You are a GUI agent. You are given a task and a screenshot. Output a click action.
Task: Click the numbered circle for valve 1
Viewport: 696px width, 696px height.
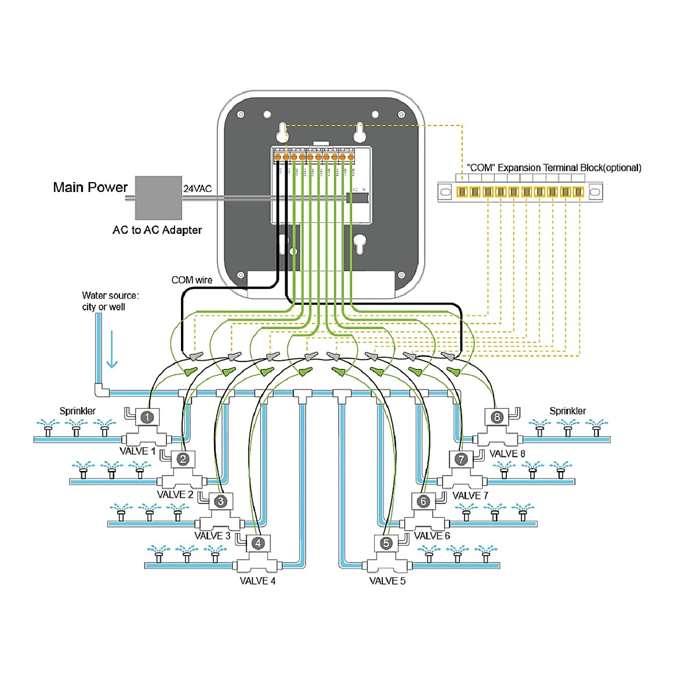click(147, 417)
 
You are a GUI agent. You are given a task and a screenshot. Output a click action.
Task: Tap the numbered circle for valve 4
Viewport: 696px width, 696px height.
click(258, 543)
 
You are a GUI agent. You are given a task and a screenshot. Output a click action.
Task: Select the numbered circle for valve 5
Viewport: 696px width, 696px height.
click(387, 543)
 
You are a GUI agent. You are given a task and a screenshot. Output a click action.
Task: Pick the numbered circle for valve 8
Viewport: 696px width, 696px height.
click(497, 417)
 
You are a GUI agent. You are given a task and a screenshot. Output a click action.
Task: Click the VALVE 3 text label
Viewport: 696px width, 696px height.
click(212, 536)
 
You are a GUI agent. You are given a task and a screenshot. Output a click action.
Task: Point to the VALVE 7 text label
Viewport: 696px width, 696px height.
click(470, 496)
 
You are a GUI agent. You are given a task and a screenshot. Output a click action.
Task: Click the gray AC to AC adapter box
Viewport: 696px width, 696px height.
click(158, 198)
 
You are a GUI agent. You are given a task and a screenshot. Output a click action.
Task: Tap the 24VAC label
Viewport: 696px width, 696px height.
click(198, 188)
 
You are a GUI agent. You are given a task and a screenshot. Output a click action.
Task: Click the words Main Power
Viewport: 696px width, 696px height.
click(90, 187)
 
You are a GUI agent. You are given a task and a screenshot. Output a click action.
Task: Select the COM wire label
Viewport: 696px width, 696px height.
click(191, 280)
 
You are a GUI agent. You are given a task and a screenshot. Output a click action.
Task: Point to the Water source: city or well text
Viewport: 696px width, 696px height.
click(110, 301)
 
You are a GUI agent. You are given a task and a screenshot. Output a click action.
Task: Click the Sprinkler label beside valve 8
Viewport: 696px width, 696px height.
click(567, 411)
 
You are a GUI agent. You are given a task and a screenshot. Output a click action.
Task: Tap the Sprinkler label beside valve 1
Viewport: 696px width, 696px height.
click(78, 411)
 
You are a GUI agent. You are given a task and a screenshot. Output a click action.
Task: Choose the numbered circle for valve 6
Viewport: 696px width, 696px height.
click(423, 501)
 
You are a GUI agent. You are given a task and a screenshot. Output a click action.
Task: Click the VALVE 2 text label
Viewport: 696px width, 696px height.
click(175, 495)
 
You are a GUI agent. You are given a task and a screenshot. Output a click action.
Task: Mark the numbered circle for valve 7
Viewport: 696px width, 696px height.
click(461, 459)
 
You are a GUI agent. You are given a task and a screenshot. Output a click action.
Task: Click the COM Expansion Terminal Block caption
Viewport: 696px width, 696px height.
click(554, 168)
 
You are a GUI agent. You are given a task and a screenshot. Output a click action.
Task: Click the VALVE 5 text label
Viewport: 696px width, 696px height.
click(387, 581)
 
